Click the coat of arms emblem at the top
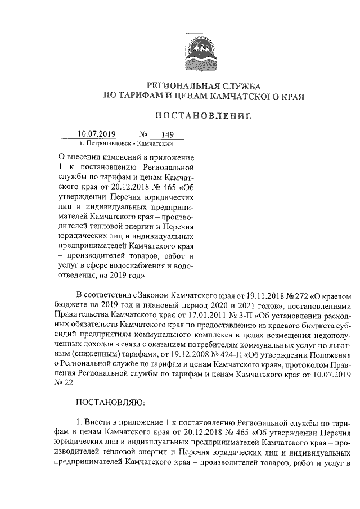(201, 52)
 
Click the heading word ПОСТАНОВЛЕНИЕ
(202, 116)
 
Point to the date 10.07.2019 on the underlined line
(97, 135)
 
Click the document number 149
(168, 135)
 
